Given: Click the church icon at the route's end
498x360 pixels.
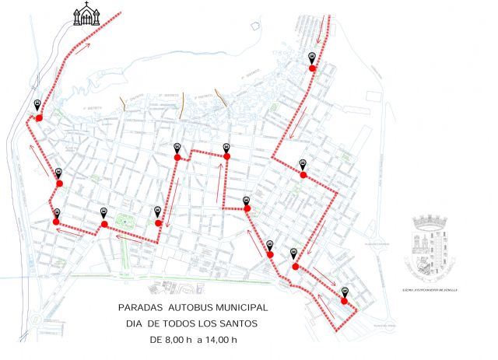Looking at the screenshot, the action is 84,14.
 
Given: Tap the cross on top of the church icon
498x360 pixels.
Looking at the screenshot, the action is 84,5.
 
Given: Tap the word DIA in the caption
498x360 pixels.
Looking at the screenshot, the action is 136,323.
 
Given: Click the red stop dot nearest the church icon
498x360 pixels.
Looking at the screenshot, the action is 39,117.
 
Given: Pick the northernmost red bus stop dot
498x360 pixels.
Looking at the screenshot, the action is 312,68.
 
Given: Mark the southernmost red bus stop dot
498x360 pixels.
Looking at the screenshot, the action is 344,301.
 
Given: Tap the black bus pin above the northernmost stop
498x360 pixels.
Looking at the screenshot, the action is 312,57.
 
